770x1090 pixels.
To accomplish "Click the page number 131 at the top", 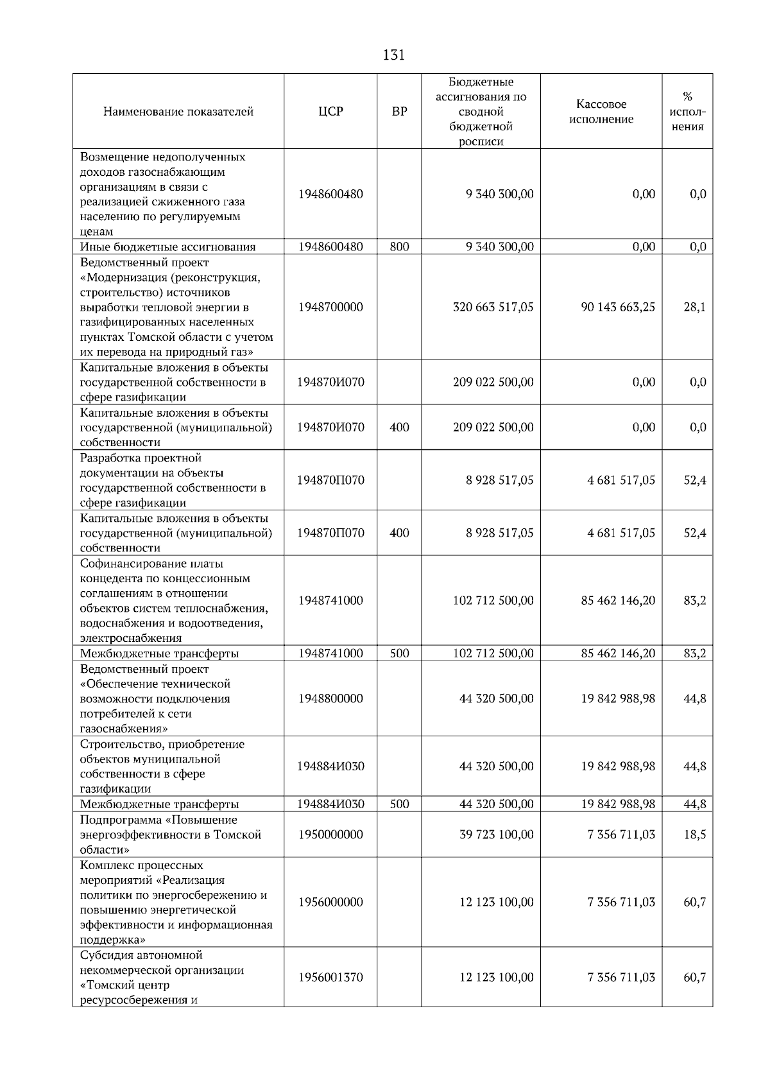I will coord(393,55).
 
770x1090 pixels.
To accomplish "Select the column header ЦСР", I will coord(330,112).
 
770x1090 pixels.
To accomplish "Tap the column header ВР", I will coord(399,112).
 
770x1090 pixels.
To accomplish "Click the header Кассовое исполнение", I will coord(601,112).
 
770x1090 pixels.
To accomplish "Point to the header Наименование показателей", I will coord(178,112).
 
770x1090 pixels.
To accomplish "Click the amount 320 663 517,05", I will coord(493,307).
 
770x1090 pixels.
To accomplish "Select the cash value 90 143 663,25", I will coord(618,307).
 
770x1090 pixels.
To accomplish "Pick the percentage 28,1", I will coord(694,307).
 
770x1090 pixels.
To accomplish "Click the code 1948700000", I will coord(330,307).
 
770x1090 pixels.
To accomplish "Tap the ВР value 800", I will coord(399,247).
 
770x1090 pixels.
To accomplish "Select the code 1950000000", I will coord(330,835).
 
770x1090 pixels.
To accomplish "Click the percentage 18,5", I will coord(694,835).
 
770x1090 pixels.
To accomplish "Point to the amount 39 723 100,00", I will coord(496,835).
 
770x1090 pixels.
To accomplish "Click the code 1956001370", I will coord(330,977).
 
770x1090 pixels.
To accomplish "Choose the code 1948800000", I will coord(330,698).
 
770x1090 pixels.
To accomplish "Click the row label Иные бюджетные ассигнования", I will coord(167,247).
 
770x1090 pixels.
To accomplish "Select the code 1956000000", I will coord(330,902).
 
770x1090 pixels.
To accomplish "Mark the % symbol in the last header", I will coord(687,97).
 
